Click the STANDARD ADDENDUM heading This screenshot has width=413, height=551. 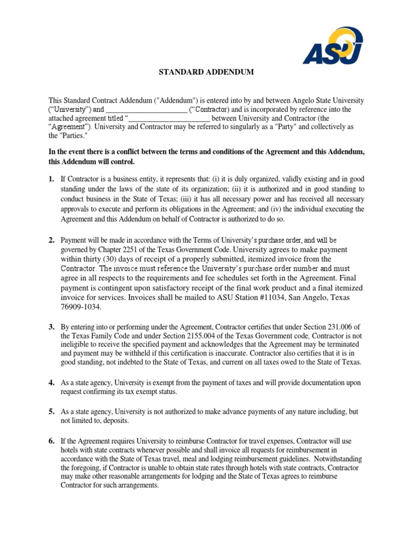[x=206, y=72]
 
